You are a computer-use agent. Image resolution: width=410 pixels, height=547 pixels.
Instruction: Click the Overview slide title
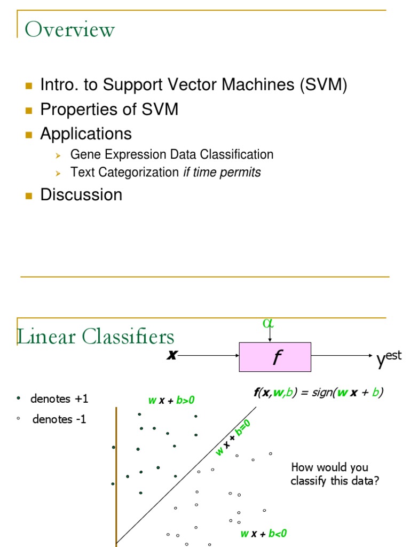click(70, 29)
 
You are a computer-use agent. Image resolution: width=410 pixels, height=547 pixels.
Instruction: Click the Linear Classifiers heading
click(96, 337)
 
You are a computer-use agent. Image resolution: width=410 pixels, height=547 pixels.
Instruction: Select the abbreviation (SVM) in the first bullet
click(324, 84)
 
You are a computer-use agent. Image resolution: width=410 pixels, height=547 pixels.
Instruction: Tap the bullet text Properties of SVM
click(109, 109)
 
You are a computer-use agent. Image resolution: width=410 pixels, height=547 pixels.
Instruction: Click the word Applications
click(86, 133)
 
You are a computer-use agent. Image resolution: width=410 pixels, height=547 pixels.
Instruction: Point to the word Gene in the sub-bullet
click(82, 155)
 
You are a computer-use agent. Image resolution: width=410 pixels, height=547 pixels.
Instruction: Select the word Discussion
click(81, 194)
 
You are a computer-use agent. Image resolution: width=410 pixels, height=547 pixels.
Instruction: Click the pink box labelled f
click(275, 357)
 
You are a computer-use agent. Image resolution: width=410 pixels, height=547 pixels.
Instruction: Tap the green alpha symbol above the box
click(267, 323)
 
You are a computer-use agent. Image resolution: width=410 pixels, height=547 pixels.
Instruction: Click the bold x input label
click(171, 355)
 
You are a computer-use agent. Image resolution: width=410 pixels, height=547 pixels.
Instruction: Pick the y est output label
click(389, 359)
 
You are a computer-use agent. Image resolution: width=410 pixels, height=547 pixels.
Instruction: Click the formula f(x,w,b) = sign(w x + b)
click(318, 392)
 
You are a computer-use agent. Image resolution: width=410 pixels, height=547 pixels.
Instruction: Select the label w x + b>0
click(171, 400)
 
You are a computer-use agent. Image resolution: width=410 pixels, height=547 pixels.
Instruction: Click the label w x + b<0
click(264, 533)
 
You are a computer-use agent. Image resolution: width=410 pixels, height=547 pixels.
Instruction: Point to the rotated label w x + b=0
click(233, 437)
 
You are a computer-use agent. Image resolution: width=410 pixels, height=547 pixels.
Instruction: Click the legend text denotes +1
click(59, 398)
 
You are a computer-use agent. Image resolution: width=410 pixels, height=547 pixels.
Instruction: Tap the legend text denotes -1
click(59, 419)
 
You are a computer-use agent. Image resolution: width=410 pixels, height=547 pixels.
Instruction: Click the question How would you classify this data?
click(335, 474)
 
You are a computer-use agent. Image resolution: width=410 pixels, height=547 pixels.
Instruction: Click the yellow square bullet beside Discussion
click(29, 195)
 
